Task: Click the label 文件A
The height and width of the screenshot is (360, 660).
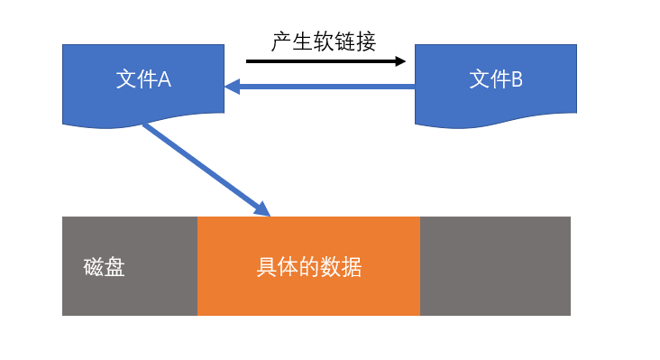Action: (143, 79)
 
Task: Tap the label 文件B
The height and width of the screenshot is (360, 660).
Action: (496, 79)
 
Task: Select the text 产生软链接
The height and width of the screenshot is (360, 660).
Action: (324, 42)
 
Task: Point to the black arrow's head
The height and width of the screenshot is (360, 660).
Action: (400, 61)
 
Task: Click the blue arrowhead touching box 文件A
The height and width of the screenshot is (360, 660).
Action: (232, 87)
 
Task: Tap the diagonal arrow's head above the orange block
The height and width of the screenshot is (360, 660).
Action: (262, 209)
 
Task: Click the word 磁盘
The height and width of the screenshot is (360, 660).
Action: (104, 267)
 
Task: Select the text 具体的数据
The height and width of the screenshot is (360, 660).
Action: (309, 267)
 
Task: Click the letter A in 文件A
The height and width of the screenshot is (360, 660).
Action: (165, 79)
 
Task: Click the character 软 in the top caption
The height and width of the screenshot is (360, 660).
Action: (324, 42)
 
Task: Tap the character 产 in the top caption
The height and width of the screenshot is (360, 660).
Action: (281, 42)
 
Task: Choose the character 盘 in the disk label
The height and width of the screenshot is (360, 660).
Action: (115, 267)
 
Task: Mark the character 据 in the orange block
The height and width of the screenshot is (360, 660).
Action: (352, 267)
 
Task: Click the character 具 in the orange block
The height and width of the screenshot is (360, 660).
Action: (267, 267)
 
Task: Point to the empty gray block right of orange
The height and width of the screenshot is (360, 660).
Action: (495, 266)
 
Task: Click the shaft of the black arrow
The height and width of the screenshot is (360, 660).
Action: (321, 61)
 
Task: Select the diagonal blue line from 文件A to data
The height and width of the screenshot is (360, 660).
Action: (206, 170)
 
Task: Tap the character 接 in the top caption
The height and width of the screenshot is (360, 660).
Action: (365, 42)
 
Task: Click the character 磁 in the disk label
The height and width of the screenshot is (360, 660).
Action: (94, 267)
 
